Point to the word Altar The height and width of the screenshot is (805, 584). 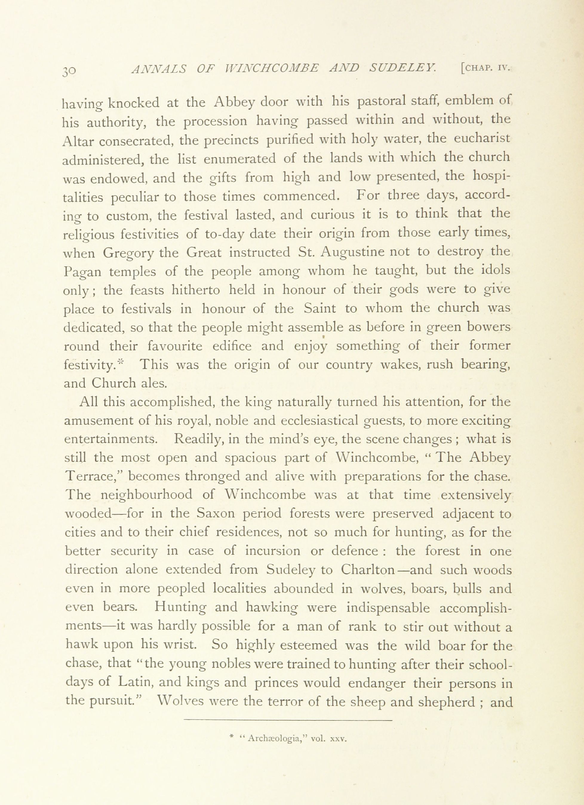79,141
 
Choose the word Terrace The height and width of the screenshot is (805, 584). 94,477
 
